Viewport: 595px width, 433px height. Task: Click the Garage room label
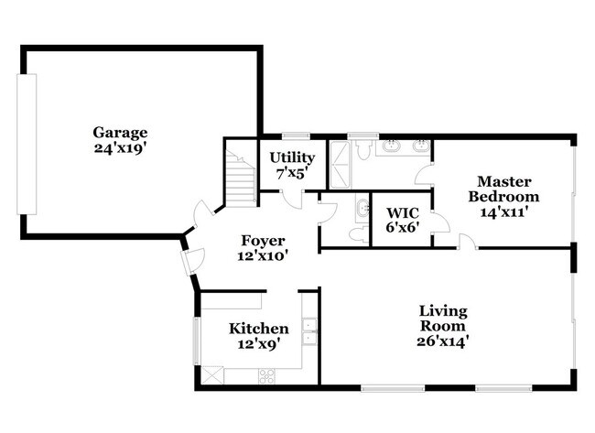point(120,133)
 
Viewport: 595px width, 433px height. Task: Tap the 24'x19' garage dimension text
point(120,147)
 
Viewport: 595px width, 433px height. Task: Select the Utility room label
point(289,157)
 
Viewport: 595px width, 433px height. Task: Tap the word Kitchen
point(259,329)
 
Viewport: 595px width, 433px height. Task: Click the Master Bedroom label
point(503,189)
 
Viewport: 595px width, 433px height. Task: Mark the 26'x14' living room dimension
point(442,341)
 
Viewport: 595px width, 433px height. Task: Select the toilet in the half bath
point(358,234)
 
